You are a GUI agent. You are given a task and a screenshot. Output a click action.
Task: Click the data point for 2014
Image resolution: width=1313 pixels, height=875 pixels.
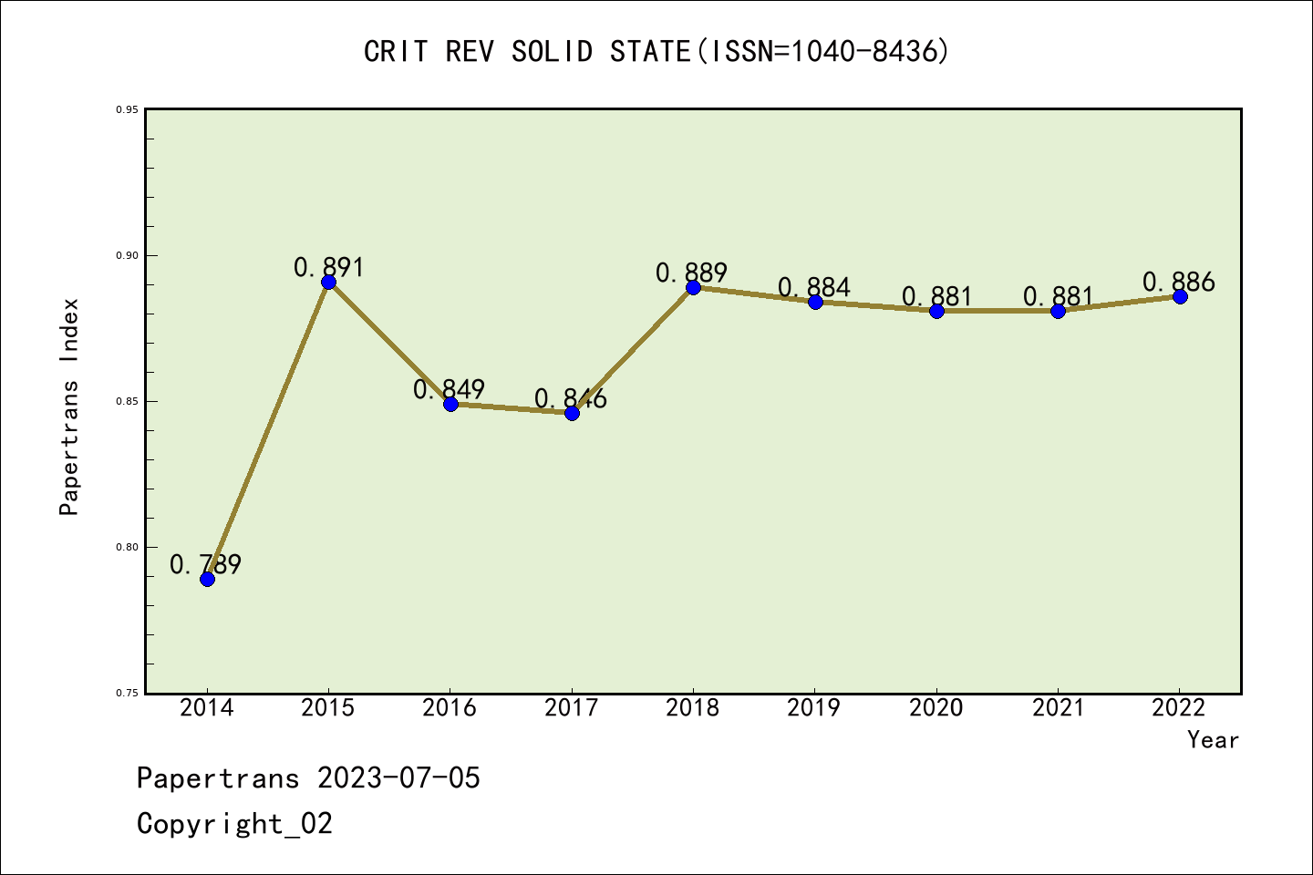(207, 579)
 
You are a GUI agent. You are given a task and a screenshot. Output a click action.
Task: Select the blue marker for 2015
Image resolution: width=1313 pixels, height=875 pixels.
(328, 282)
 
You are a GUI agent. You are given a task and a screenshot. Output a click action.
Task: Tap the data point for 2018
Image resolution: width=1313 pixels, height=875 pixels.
(693, 287)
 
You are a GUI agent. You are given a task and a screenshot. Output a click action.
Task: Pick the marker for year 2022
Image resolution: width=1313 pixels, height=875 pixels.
(1180, 296)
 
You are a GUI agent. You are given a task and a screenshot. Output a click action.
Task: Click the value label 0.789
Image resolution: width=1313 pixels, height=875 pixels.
(206, 565)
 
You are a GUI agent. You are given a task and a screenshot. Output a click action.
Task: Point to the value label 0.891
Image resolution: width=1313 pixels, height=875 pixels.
(328, 267)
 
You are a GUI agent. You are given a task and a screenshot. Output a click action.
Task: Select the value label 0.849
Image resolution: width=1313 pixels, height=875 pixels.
(450, 390)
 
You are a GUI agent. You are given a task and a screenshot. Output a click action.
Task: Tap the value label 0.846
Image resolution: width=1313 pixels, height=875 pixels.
(571, 398)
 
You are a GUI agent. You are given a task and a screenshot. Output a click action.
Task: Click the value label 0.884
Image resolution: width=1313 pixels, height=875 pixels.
(814, 288)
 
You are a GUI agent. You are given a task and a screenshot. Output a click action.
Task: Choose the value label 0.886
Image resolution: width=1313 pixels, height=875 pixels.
(1179, 283)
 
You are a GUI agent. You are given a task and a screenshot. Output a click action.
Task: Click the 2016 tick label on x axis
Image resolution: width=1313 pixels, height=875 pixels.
(450, 708)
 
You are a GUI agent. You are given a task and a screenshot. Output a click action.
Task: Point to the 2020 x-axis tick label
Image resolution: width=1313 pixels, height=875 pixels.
(936, 708)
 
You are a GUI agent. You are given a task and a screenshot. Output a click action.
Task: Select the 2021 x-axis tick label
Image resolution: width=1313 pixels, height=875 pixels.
(1058, 708)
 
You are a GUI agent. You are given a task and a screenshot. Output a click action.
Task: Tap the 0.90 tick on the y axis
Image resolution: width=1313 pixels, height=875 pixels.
(127, 255)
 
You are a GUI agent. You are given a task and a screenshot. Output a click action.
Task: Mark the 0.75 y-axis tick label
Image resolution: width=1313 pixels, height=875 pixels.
(127, 694)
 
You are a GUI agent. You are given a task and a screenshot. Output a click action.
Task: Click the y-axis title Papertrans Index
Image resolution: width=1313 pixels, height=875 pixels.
(69, 407)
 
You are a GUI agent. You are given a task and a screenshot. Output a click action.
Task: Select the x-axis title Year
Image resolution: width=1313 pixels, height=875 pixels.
(1213, 740)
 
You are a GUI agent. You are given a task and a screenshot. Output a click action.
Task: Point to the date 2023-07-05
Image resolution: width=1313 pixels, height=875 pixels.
(398, 778)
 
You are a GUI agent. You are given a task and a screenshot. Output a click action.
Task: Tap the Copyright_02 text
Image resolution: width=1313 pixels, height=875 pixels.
(234, 824)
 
